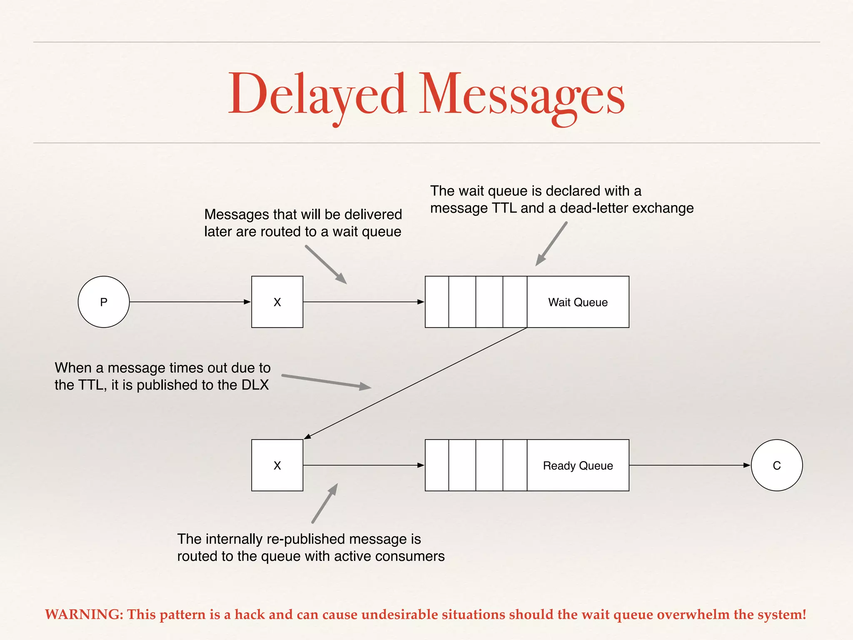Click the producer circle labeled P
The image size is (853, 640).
point(104,302)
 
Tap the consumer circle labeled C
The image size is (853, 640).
point(776,465)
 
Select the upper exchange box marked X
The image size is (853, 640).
point(277,302)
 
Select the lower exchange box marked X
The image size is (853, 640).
point(277,465)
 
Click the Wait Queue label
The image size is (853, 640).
point(578,302)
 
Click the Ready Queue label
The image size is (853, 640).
point(578,465)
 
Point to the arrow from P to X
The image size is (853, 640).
point(190,302)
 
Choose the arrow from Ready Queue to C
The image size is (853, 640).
point(689,465)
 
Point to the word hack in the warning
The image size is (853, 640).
point(250,614)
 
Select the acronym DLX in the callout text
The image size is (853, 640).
point(255,385)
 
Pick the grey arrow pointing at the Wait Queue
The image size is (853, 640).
point(551,244)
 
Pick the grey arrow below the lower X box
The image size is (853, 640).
point(325,503)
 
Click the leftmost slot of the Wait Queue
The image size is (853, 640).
point(436,302)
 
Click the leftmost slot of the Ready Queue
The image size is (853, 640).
point(436,465)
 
